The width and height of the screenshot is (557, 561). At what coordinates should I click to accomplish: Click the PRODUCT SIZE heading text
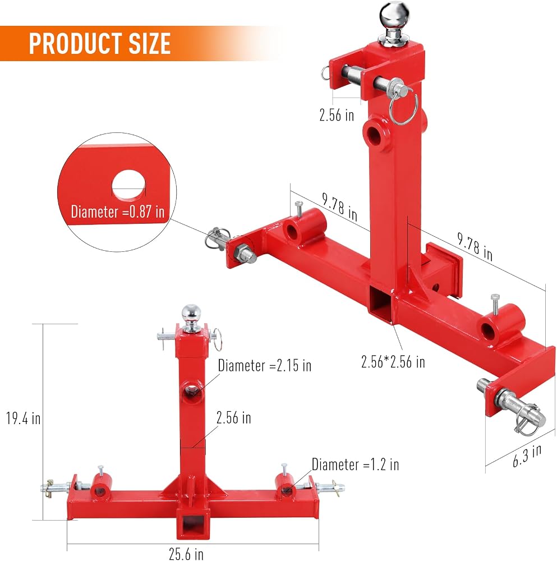click(x=99, y=43)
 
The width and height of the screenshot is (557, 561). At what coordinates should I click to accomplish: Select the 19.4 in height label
click(x=23, y=419)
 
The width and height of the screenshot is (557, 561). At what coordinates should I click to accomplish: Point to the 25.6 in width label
click(x=186, y=553)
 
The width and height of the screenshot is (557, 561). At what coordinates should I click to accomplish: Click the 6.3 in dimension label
click(x=526, y=456)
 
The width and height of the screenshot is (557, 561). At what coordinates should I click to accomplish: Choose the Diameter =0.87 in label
click(x=118, y=211)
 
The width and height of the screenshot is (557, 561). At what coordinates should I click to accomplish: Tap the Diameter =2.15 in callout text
click(x=265, y=365)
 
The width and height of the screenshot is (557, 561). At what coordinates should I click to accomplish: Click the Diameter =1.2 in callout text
click(x=355, y=465)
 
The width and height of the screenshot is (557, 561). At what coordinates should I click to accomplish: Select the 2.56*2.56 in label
click(x=393, y=362)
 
